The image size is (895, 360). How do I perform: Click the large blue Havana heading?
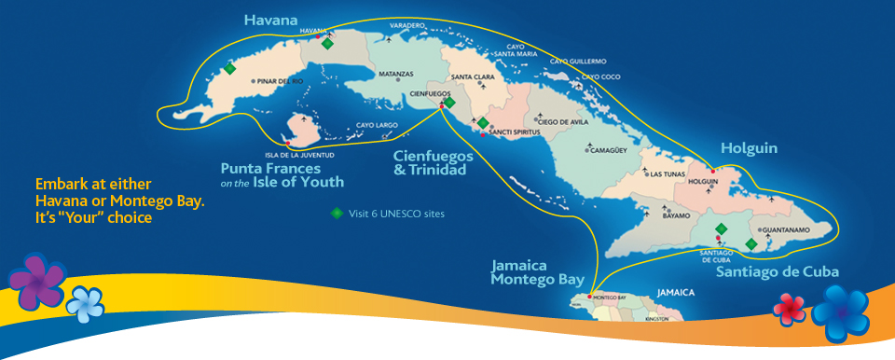coord(270,20)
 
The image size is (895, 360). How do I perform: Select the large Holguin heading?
coord(749,148)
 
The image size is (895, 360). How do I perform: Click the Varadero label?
coord(407,25)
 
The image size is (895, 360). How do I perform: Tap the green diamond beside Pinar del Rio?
coord(229,68)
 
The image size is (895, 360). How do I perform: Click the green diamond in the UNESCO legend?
coord(337,213)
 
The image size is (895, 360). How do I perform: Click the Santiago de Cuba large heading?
coord(778,271)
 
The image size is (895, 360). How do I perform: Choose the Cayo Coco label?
coord(600,76)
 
